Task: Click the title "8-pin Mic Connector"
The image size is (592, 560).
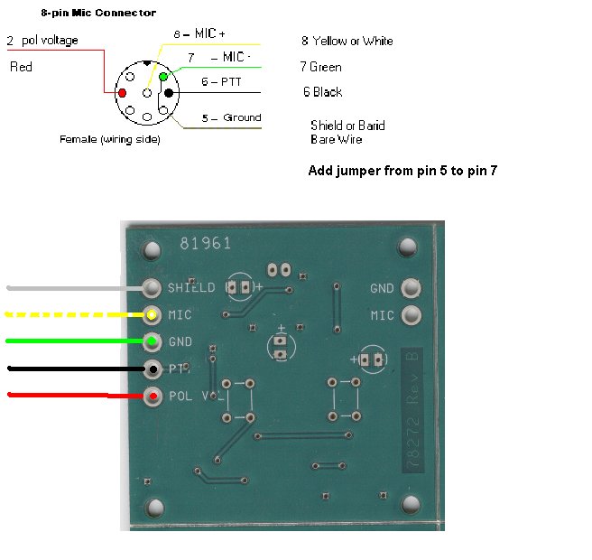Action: pos(98,14)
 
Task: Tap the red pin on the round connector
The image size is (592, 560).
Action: pos(121,93)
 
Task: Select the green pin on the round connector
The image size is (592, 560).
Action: pos(164,78)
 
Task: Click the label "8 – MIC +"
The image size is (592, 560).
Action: pos(199,33)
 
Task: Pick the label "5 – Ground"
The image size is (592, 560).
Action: pos(230,117)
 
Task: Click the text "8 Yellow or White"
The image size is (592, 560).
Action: pos(347,41)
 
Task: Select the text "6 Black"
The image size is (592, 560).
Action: pos(322,92)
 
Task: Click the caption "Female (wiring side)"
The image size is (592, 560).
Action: pos(109,139)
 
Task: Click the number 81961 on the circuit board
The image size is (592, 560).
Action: pos(205,243)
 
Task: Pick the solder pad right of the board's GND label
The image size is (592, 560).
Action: pos(412,288)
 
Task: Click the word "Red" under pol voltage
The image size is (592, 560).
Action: pos(21,68)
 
